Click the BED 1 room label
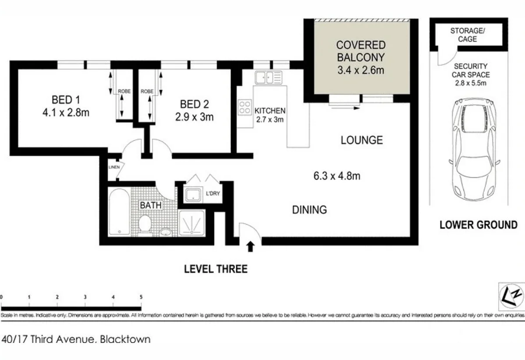point(65,99)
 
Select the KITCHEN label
point(270,111)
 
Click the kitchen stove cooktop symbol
point(244,107)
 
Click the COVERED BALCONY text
point(361,51)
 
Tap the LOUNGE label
point(362,140)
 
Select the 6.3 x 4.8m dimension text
point(337,176)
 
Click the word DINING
point(309,210)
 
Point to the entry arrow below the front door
point(250,247)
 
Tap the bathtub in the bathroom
point(118,212)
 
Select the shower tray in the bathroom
point(192,223)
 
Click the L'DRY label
point(213,193)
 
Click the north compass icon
point(511,296)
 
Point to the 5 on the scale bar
point(141,297)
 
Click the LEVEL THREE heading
point(216,269)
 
